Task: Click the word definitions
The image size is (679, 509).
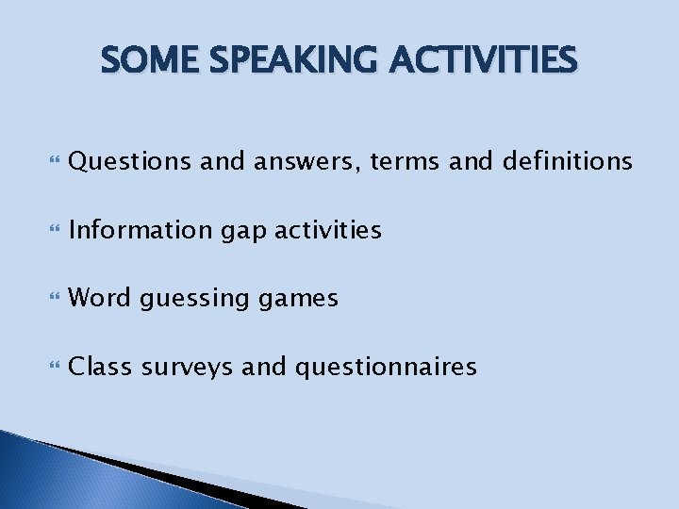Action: (x=567, y=162)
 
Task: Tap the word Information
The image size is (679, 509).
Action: (x=142, y=230)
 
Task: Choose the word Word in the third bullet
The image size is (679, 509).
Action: (x=101, y=298)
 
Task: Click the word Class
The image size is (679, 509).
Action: (x=102, y=366)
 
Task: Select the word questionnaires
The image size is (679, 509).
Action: (x=387, y=367)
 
